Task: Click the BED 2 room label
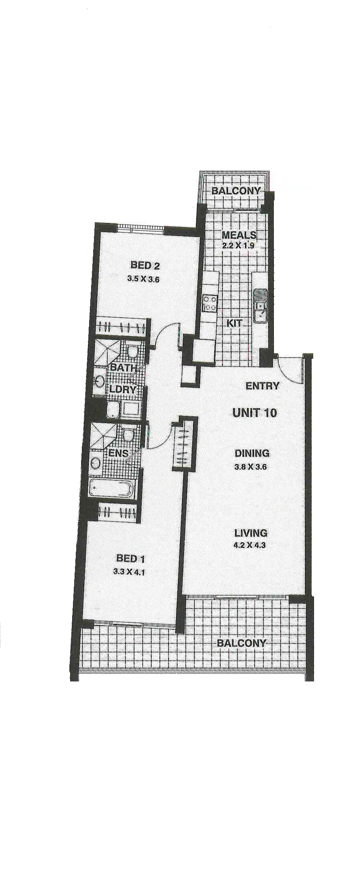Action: pyautogui.click(x=145, y=265)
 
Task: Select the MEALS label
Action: pyautogui.click(x=239, y=235)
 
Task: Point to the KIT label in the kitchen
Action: pyautogui.click(x=234, y=323)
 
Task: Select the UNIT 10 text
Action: pyautogui.click(x=255, y=413)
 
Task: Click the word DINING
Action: pyautogui.click(x=252, y=453)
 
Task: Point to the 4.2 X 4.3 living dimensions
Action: pyautogui.click(x=250, y=545)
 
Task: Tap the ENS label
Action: pyautogui.click(x=119, y=453)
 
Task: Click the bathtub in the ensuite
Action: pyautogui.click(x=112, y=489)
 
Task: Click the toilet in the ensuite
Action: pyautogui.click(x=128, y=434)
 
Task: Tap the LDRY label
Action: pyautogui.click(x=123, y=390)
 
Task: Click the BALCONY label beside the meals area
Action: pyautogui.click(x=236, y=191)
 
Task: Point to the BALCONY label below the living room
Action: pyautogui.click(x=241, y=643)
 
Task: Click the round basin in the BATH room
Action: pyautogui.click(x=99, y=381)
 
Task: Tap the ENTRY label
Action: pyautogui.click(x=262, y=386)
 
